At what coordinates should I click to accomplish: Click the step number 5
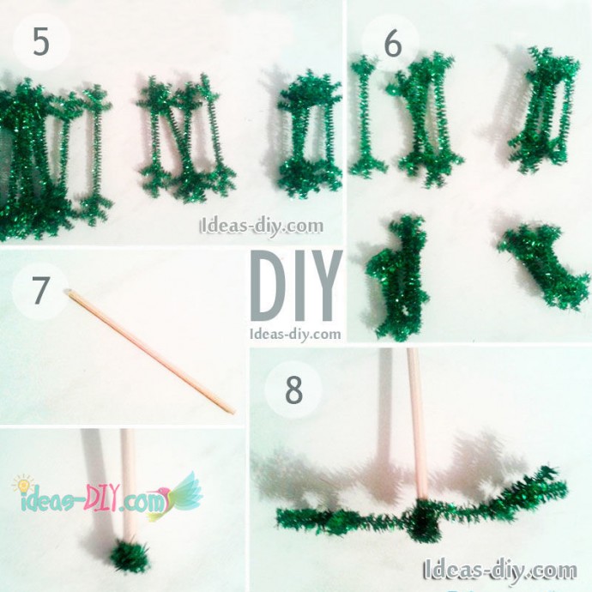[x=41, y=41]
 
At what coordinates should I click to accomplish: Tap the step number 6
[x=393, y=44]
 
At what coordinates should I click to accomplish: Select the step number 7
[x=40, y=291]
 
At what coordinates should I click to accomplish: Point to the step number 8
[x=293, y=390]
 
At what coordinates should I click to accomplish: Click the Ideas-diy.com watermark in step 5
[x=262, y=227]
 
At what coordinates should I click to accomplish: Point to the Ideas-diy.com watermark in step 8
[x=500, y=569]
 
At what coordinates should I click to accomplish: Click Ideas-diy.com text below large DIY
[x=295, y=334]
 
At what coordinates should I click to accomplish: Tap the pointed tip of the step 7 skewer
[x=233, y=413]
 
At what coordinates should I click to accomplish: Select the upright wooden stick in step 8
[x=417, y=423]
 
